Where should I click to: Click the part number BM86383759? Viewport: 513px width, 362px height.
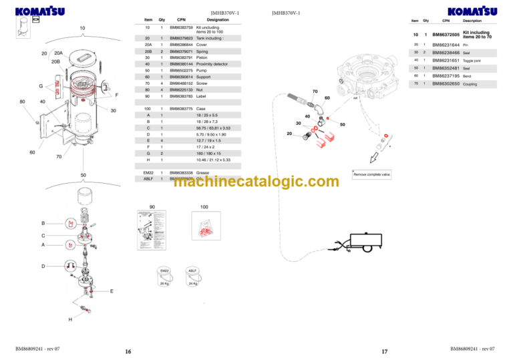181,27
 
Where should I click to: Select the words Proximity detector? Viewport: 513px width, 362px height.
212,63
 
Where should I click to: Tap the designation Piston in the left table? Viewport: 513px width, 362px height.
202,57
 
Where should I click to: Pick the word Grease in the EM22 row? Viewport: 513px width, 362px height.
203,173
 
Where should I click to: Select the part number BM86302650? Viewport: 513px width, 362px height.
446,83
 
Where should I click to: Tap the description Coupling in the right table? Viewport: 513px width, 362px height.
470,83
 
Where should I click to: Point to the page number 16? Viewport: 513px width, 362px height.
128,351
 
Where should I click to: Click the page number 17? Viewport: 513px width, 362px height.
384,351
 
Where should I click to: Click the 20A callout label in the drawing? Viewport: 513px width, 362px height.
58,53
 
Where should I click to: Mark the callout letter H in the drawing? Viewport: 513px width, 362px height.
69,319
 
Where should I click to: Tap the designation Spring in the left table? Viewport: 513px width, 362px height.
202,51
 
